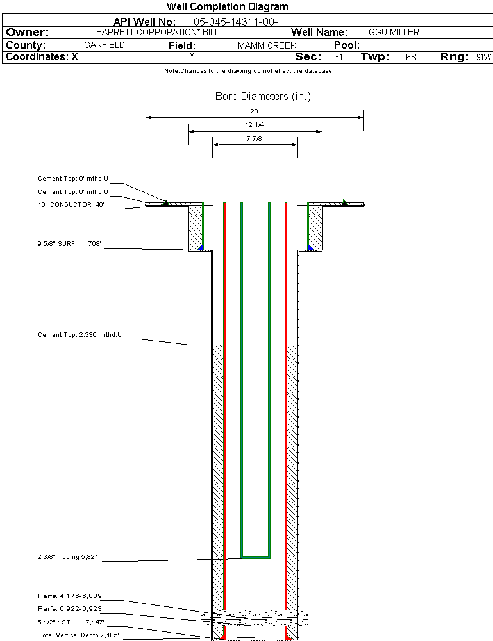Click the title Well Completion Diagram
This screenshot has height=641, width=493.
(x=227, y=7)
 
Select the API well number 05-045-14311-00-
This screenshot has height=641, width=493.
(x=235, y=22)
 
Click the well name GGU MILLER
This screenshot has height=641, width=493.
(x=394, y=32)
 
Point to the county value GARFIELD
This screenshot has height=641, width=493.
(x=104, y=45)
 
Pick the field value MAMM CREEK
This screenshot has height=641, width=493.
(x=267, y=46)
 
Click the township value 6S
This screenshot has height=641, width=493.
(x=411, y=57)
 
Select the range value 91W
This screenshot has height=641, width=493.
(x=483, y=57)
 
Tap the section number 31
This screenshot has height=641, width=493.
(x=338, y=57)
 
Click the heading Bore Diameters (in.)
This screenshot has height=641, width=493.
(x=263, y=97)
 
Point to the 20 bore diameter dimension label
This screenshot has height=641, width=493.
(x=254, y=111)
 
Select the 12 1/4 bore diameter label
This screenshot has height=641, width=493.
(x=255, y=124)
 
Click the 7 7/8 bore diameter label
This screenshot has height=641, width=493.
(x=255, y=138)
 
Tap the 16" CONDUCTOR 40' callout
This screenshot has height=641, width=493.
(x=71, y=205)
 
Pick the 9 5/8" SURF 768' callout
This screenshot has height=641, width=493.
(x=71, y=244)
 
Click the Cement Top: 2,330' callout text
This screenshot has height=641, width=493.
(x=79, y=335)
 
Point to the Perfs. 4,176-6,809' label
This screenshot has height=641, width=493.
(x=71, y=596)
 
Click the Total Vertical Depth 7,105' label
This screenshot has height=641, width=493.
(x=78, y=635)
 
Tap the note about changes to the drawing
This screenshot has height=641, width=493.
(x=247, y=71)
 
